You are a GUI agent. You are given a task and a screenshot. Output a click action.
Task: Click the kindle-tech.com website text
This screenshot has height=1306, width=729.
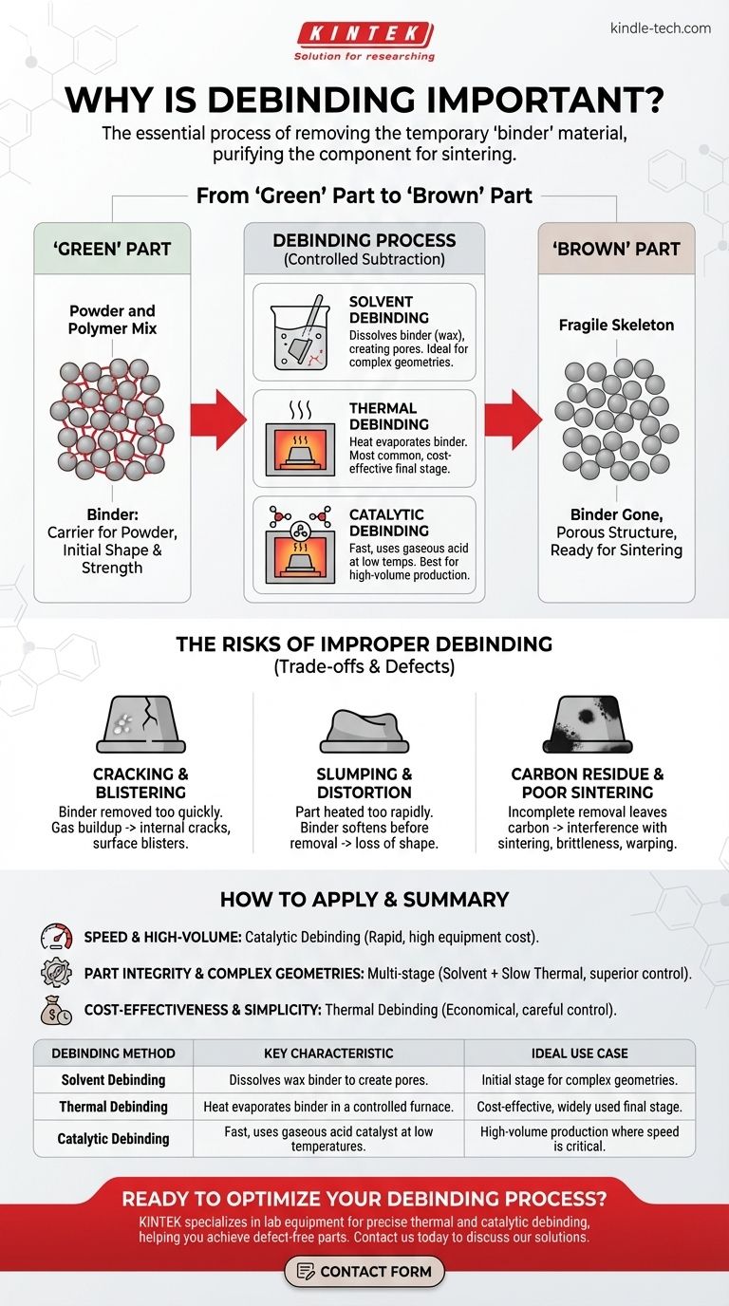661,28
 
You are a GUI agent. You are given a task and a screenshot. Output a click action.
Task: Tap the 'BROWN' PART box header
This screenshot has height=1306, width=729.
617,249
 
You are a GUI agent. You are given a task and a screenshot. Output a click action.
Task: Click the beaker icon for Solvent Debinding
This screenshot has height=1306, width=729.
294,336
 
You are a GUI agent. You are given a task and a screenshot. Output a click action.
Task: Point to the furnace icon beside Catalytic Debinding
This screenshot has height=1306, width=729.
294,546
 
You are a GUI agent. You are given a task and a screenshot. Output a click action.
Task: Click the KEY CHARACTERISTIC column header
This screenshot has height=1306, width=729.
327,1053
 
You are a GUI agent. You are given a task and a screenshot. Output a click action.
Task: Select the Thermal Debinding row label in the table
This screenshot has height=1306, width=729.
114,1107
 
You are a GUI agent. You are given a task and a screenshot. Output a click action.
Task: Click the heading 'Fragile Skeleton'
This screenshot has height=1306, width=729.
617,325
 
